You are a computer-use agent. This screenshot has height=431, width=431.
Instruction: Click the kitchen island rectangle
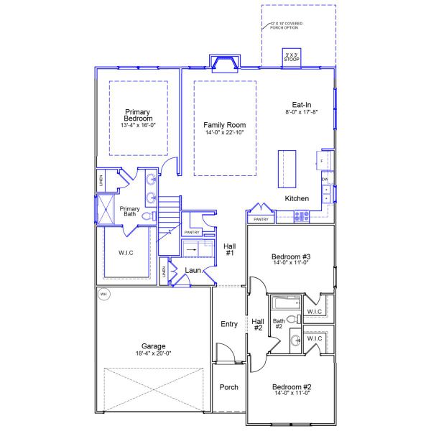pyautogui.click(x=287, y=168)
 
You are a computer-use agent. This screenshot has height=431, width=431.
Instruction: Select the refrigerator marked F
pyautogui.click(x=325, y=159)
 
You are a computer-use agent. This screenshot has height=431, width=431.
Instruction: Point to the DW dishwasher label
pyautogui.click(x=325, y=179)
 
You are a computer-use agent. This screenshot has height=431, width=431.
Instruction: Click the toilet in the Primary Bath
pyautogui.click(x=147, y=215)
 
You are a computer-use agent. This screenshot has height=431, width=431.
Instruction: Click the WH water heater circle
pyautogui.click(x=103, y=294)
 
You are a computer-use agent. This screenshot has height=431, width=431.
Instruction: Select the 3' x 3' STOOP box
pyautogui.click(x=292, y=57)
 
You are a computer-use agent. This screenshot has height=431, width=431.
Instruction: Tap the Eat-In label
pyautogui.click(x=301, y=104)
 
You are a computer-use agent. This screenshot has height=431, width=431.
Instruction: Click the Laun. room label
pyautogui.click(x=193, y=270)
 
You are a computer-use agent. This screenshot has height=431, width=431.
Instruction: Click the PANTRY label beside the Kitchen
pyautogui.click(x=261, y=218)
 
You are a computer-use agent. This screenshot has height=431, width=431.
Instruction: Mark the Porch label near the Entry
pyautogui.click(x=229, y=387)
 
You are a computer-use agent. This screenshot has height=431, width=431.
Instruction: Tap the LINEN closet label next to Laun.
pyautogui.click(x=164, y=272)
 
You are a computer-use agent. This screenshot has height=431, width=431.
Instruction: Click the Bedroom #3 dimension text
pyautogui.click(x=291, y=264)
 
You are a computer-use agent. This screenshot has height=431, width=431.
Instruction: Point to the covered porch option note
pyautogui.click(x=286, y=25)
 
